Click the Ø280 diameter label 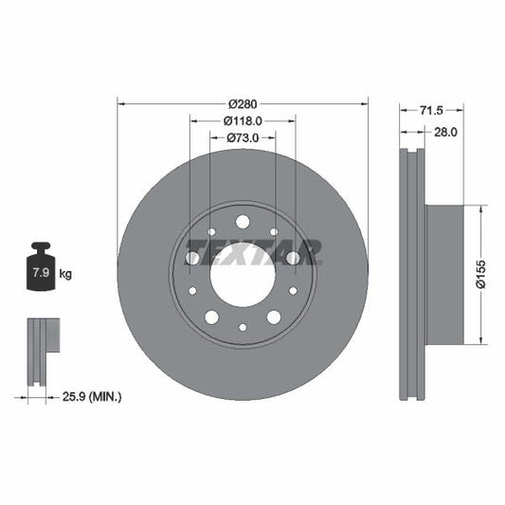[x=242, y=104]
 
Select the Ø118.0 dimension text [x=242, y=121]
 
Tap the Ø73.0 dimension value [x=242, y=138]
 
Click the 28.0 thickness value [x=444, y=133]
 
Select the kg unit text [x=65, y=274]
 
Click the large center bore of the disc [x=242, y=275]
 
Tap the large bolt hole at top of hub [x=242, y=222]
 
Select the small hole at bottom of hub [x=242, y=327]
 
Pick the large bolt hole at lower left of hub [x=210, y=317]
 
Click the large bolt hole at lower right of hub [x=274, y=316]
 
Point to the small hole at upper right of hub [x=274, y=232]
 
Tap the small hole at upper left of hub [x=210, y=232]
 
